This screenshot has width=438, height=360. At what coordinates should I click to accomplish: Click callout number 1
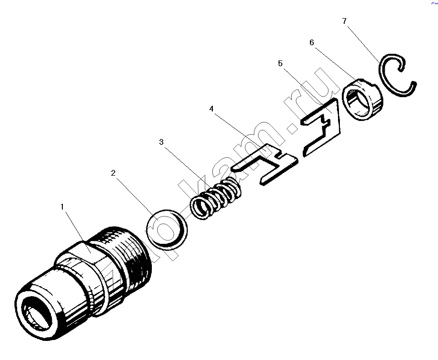62,207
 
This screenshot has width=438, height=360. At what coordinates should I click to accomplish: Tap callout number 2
113,173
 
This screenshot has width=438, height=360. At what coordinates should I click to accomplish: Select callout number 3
161,142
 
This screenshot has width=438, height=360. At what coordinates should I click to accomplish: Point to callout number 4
211,109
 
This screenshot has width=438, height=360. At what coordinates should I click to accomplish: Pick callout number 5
280,63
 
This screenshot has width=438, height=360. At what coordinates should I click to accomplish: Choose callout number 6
312,42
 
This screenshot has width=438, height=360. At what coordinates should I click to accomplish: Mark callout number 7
344,21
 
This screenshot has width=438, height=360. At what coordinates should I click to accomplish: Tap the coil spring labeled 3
216,198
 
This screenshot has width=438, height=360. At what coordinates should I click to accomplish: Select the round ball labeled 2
167,229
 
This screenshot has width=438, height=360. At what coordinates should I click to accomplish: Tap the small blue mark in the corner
435,2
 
